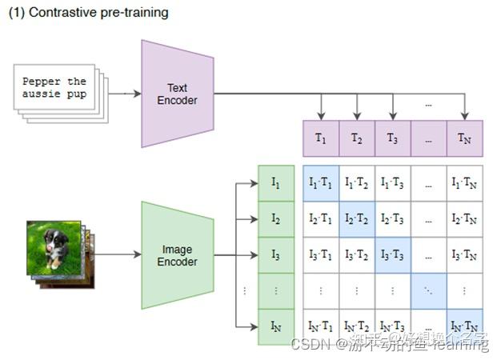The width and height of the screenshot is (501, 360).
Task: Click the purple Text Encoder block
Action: (x=177, y=94)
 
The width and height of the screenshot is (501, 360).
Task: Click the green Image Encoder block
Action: (x=177, y=255)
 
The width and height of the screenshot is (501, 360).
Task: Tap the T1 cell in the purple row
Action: (x=321, y=138)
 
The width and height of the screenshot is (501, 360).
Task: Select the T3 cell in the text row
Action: (x=392, y=138)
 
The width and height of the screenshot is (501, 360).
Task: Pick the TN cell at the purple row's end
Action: (x=464, y=138)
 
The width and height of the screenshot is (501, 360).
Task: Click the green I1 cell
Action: (x=276, y=183)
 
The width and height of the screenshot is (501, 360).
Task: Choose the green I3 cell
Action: (x=276, y=255)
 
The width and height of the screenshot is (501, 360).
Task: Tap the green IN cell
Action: (x=276, y=326)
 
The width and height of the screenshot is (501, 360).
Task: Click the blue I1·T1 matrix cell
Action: (x=321, y=183)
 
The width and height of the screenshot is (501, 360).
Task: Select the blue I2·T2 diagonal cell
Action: (x=357, y=219)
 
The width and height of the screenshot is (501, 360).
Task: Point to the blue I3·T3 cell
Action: (x=392, y=255)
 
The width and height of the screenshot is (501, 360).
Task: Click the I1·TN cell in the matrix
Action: (x=464, y=183)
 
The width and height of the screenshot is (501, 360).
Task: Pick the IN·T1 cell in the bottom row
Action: (x=321, y=326)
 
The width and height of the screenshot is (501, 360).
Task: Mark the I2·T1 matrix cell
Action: (x=321, y=219)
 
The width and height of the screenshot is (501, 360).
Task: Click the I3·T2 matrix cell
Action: (x=357, y=255)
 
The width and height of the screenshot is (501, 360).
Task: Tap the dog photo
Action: (x=54, y=247)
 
